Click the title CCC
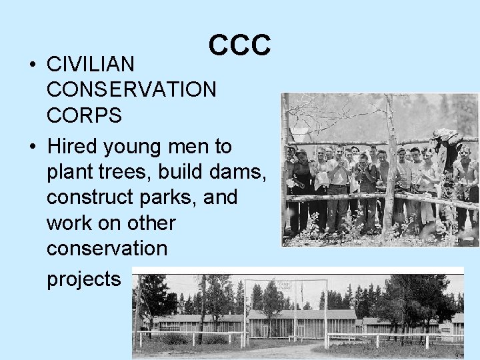point(239,45)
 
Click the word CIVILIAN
point(91,64)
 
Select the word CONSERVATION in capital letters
point(131,89)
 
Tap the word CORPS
point(84,115)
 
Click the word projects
point(83,279)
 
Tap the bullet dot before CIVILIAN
point(31,65)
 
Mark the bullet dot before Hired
point(31,147)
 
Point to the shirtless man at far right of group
point(465,180)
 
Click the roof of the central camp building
point(293,314)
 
